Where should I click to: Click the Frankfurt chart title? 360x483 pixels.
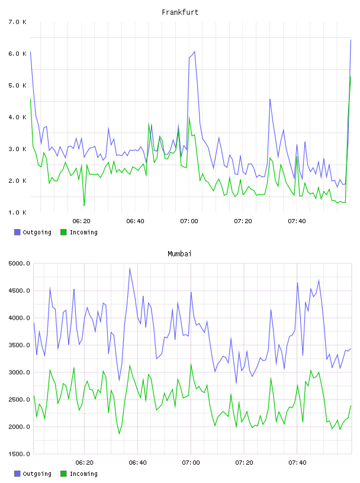point(180,12)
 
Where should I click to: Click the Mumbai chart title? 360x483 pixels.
point(179,254)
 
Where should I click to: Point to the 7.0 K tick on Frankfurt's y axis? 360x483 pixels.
point(18,22)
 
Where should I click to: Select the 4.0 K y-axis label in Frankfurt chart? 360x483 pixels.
point(18,117)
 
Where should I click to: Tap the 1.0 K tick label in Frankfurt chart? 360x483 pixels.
point(18,212)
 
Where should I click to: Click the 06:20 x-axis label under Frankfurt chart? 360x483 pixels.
point(81,221)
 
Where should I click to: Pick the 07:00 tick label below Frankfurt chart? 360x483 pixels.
point(189,221)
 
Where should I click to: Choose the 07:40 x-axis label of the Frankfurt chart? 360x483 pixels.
point(297,221)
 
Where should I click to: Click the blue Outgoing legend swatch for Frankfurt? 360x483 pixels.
point(17,232)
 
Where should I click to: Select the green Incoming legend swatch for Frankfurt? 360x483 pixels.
point(63,232)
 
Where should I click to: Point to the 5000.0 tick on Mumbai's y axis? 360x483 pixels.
point(19,263)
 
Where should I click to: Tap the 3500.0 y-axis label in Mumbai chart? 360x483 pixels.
point(19,345)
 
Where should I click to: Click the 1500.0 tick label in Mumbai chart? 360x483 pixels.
point(19,454)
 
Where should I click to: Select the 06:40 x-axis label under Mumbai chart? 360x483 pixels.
point(137,462)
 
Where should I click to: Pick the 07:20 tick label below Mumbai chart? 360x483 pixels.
point(244,462)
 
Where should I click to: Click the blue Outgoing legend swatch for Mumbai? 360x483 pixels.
point(17,474)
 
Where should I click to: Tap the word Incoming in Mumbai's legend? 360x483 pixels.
point(83,474)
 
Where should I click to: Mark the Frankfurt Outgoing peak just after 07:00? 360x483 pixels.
point(194,51)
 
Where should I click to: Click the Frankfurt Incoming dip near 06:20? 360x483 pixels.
point(84,205)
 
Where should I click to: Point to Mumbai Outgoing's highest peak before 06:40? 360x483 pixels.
point(130,268)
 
